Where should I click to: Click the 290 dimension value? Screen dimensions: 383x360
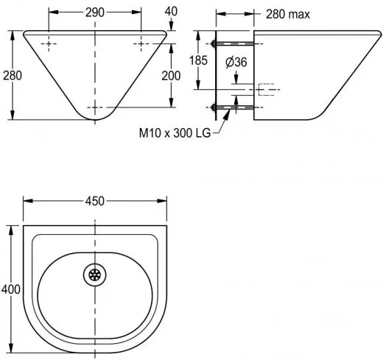pyautogui.click(x=95, y=13)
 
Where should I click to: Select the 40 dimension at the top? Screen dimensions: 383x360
pyautogui.click(x=171, y=11)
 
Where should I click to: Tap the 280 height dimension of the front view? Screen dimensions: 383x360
pyautogui.click(x=13, y=75)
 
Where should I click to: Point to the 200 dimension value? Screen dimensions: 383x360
pyautogui.click(x=171, y=76)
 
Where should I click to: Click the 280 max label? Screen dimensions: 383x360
pyautogui.click(x=288, y=14)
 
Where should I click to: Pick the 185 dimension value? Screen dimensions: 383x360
pyautogui.click(x=198, y=60)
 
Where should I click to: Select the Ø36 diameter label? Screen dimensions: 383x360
pyautogui.click(x=236, y=62)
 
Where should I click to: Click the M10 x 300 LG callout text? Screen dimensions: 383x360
pyautogui.click(x=175, y=133)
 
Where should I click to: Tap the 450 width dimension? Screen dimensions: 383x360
pyautogui.click(x=95, y=201)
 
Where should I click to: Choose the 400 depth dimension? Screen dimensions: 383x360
pyautogui.click(x=11, y=289)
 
